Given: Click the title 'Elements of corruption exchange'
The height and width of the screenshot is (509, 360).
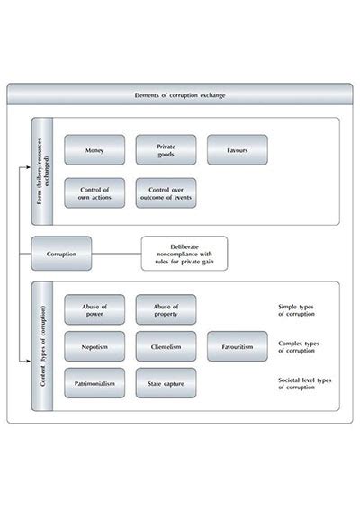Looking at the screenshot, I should pyautogui.click(x=180, y=94).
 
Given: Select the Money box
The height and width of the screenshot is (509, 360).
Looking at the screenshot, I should pyautogui.click(x=94, y=150).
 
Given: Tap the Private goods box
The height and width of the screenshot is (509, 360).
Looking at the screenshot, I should pyautogui.click(x=166, y=150).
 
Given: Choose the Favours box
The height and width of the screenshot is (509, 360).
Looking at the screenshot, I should pyautogui.click(x=238, y=150).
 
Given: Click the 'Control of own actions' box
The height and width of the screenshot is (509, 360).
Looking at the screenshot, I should pyautogui.click(x=94, y=192).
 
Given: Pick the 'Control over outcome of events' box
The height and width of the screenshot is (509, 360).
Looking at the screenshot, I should pyautogui.click(x=166, y=192).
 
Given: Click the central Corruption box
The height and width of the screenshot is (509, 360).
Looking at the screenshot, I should pyautogui.click(x=61, y=254).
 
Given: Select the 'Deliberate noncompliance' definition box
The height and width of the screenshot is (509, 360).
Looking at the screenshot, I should pyautogui.click(x=184, y=254).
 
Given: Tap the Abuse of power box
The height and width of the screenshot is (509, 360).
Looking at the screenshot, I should pyautogui.click(x=94, y=308).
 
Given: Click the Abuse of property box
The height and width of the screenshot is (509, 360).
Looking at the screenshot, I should pyautogui.click(x=166, y=308).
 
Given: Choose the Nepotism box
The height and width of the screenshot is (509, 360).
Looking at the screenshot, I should pyautogui.click(x=94, y=346).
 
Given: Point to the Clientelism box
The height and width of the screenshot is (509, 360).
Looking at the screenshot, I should pyautogui.click(x=166, y=346).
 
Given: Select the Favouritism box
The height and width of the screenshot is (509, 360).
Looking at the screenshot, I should pyautogui.click(x=238, y=346).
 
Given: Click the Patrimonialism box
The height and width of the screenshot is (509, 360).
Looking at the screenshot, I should pyautogui.click(x=94, y=383).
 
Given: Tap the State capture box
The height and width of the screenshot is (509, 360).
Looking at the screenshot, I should pyautogui.click(x=166, y=383).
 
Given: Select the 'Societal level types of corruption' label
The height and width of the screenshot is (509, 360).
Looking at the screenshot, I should pyautogui.click(x=305, y=384).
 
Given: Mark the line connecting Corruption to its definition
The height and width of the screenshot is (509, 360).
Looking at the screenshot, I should pyautogui.click(x=117, y=254).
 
